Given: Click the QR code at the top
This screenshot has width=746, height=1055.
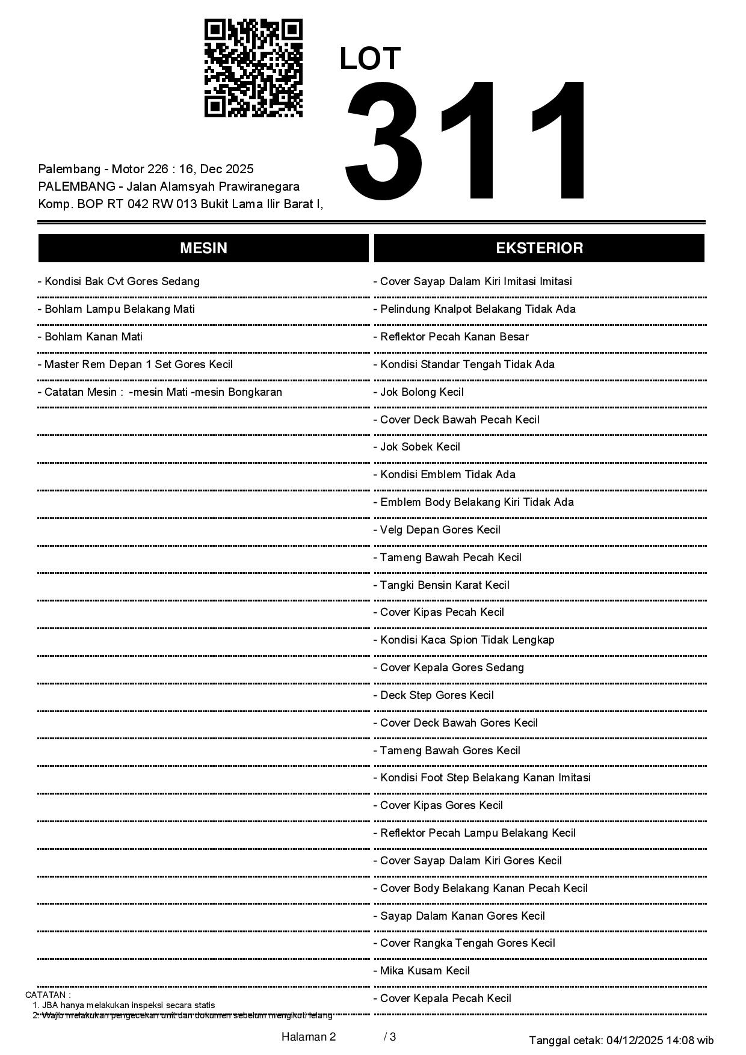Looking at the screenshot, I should tap(253, 68).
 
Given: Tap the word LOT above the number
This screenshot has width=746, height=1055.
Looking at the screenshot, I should tap(370, 59).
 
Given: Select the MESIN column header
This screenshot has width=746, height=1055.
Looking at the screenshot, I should tap(203, 248).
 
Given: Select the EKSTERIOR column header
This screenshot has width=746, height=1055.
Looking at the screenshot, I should tap(539, 248).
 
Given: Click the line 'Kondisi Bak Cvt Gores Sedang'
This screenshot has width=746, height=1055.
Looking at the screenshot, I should tap(119, 281).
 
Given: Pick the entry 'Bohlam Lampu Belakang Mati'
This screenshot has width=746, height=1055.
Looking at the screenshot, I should tap(116, 309).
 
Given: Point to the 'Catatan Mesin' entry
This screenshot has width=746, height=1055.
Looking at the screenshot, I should tap(159, 392).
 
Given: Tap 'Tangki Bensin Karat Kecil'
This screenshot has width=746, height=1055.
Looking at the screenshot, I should tap(442, 585).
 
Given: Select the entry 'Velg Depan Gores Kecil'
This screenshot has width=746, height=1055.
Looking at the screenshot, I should tap(437, 530).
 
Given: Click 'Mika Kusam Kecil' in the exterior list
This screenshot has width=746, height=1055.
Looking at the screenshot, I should tap(422, 971).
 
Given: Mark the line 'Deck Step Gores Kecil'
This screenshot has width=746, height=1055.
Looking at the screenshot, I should tap(434, 695).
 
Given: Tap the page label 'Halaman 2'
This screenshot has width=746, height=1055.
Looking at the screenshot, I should tap(309, 1036).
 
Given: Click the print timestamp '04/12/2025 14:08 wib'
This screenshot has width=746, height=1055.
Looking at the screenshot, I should tap(660, 1040).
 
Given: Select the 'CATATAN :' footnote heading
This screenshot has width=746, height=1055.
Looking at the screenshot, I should tap(48, 995).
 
